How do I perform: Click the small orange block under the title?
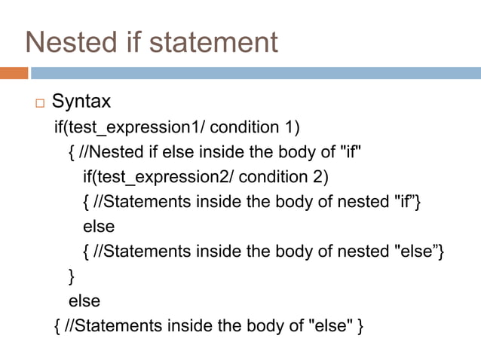click(14, 73)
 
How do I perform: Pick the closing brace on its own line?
click(72, 276)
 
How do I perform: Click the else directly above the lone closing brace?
click(99, 225)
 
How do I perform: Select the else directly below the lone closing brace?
click(84, 301)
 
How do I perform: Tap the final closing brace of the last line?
click(362, 326)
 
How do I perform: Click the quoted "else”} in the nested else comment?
click(420, 251)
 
